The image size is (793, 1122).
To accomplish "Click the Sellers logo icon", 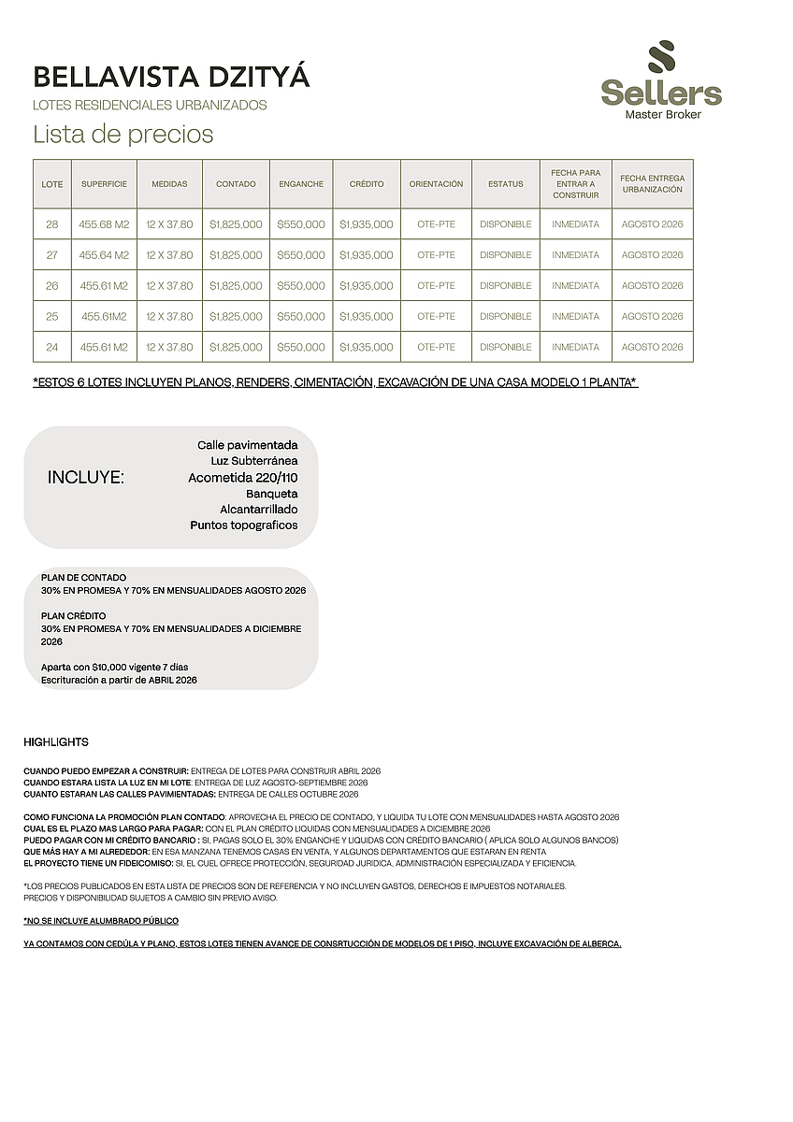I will coord(660,59).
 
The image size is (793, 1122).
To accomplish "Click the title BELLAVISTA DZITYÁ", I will coord(171,78).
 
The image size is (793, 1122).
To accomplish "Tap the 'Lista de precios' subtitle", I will coord(123,135).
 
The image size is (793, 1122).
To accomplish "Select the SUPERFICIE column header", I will coord(104,184).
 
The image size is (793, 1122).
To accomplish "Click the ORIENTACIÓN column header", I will coord(436,184).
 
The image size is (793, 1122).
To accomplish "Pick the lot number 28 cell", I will coord(52,224).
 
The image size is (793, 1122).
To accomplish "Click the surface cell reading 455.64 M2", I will coord(104,255).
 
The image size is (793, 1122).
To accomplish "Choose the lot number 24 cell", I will coord(52,347).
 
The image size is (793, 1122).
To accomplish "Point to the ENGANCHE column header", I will coord(301,184).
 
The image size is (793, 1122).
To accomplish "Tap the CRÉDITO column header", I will coord(367,184).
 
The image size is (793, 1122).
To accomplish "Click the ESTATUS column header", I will coord(505,184).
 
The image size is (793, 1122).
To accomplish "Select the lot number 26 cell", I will coord(52,286).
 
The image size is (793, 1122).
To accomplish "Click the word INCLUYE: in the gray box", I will coord(86,478).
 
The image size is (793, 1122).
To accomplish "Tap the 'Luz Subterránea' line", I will coord(254,461).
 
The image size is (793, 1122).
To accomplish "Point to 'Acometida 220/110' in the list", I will coord(243,477).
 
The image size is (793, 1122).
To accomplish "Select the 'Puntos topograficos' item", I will coord(244,525).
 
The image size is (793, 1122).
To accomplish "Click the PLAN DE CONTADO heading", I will coord(83,578).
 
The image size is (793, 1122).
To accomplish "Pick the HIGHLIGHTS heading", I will coord(56,742).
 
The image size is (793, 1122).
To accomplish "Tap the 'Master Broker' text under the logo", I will coord(662,114).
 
